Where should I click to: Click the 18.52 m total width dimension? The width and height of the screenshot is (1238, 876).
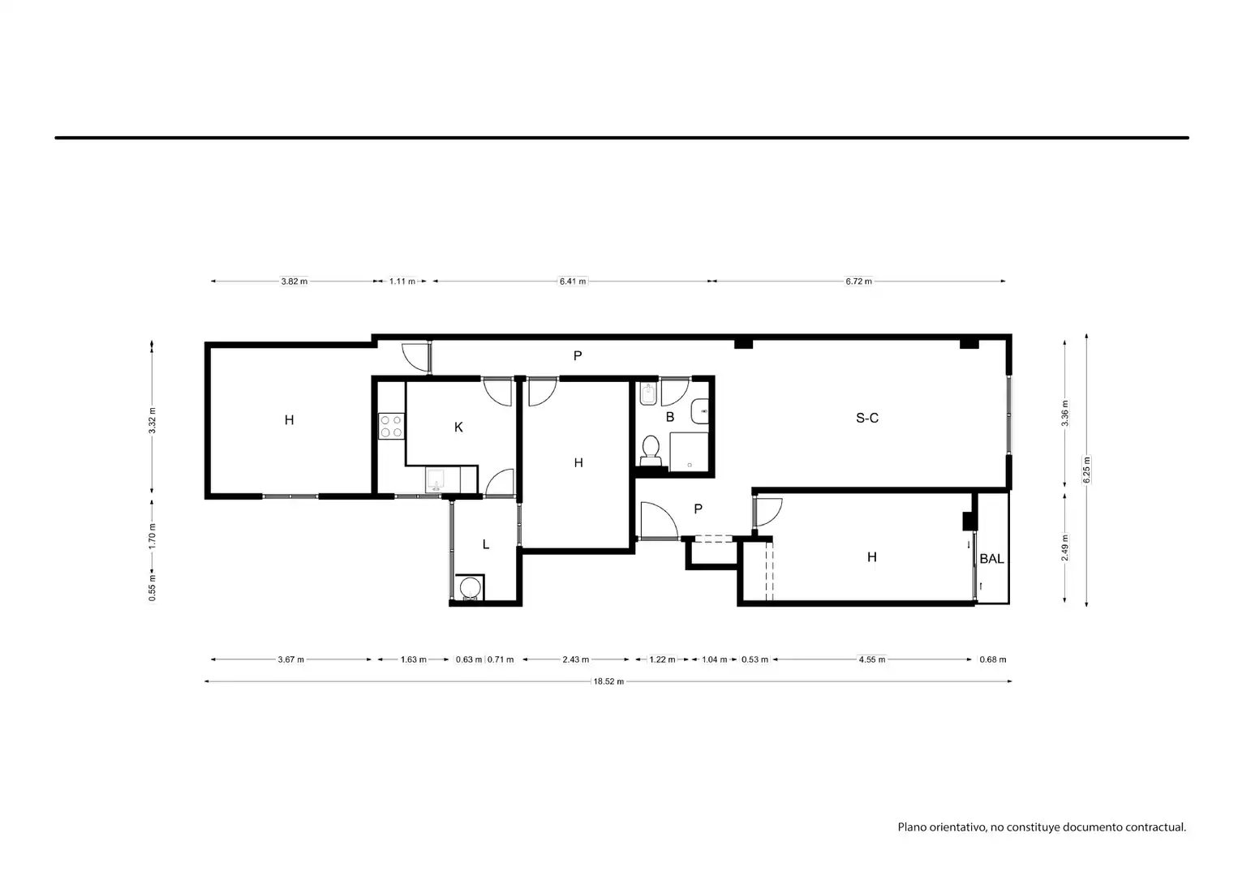click(x=608, y=681)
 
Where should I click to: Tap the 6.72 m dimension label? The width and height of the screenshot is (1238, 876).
click(x=858, y=281)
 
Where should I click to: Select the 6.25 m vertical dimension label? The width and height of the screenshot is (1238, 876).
click(x=1086, y=470)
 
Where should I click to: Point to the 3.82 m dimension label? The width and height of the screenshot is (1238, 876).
click(x=294, y=281)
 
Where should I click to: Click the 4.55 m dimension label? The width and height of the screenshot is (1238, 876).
click(x=871, y=659)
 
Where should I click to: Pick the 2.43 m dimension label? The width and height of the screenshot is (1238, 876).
click(x=575, y=659)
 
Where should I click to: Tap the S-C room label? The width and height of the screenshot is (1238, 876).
click(x=867, y=418)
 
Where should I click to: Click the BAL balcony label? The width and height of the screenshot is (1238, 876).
click(x=991, y=559)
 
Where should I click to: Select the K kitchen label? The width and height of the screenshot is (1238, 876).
click(x=458, y=427)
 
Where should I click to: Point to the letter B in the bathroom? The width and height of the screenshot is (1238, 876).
click(x=670, y=417)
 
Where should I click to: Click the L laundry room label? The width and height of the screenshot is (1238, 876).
click(x=486, y=544)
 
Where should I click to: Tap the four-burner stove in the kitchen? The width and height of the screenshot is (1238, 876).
click(x=391, y=427)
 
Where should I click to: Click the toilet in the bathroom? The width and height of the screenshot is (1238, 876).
click(x=651, y=450)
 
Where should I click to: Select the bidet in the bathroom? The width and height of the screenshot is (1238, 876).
click(x=647, y=393)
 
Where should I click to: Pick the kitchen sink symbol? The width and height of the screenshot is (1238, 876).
click(x=436, y=480)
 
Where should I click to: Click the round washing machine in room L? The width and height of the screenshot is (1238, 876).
click(x=470, y=589)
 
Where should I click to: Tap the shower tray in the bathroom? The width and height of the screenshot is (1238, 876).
click(x=689, y=452)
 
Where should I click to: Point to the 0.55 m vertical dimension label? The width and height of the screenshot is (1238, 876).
click(x=152, y=587)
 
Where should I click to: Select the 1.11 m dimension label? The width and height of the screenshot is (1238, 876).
click(x=402, y=281)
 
